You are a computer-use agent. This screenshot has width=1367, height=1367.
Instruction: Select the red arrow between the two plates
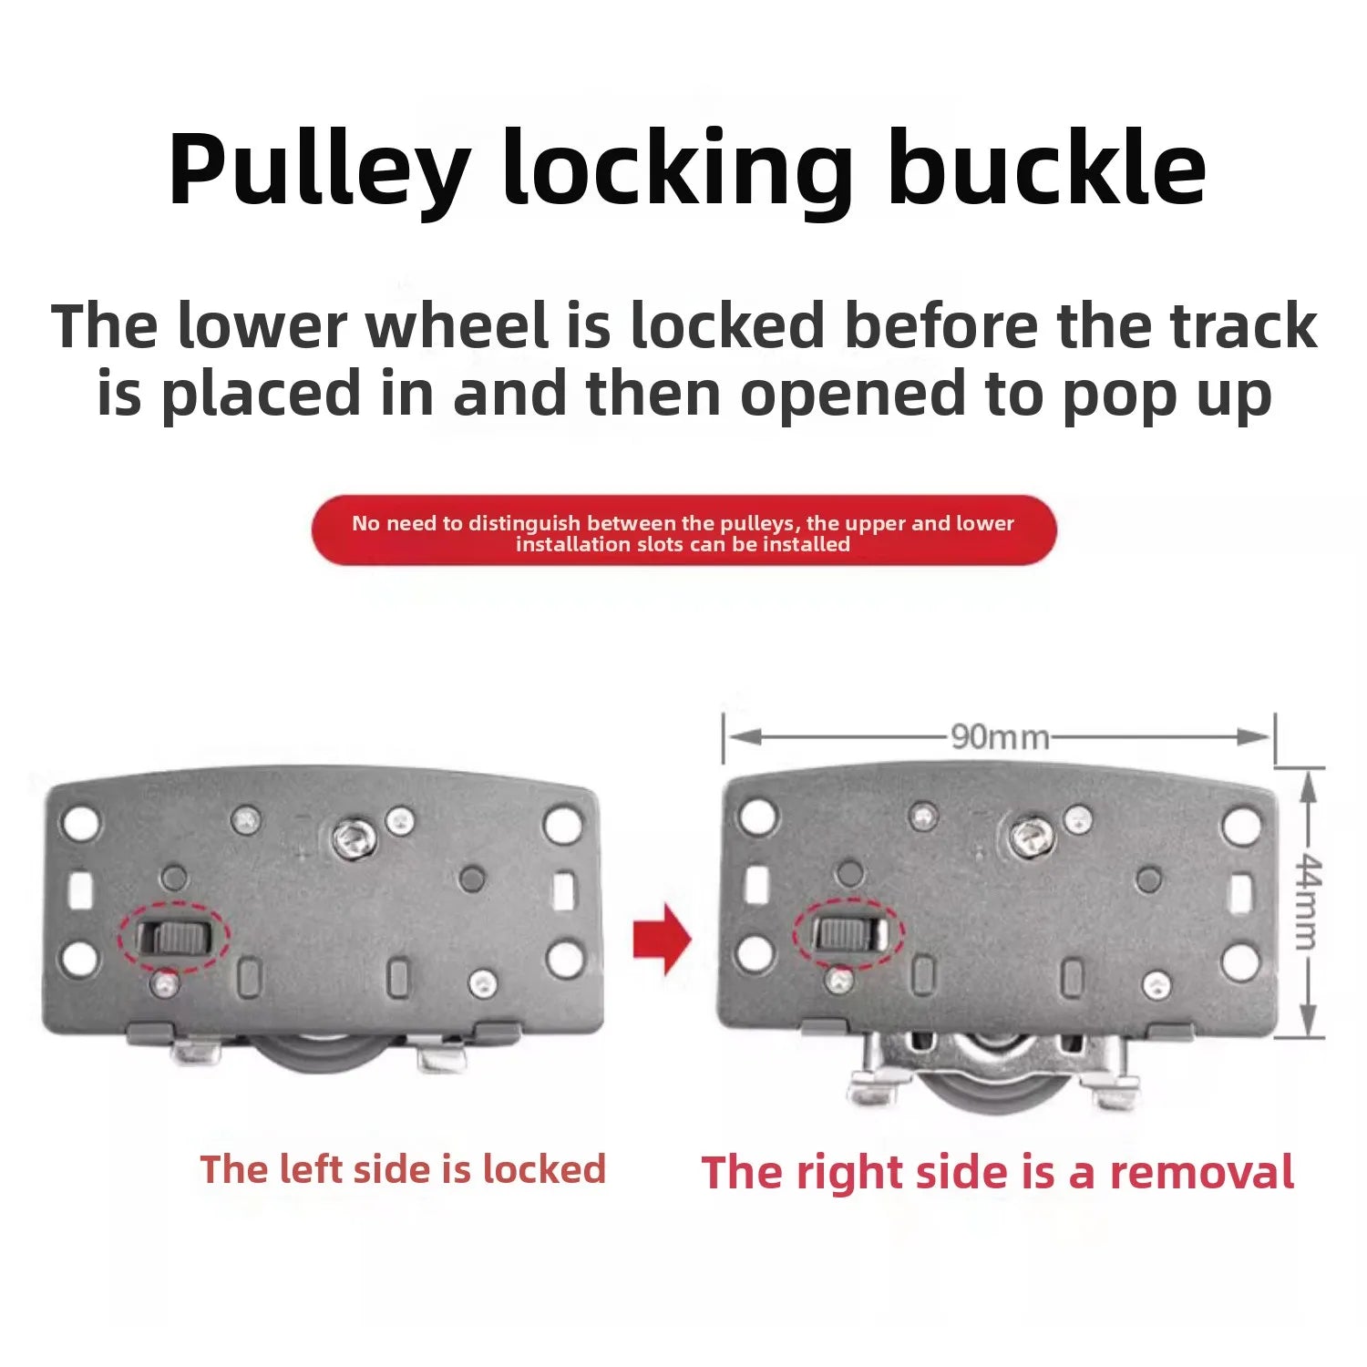tap(663, 939)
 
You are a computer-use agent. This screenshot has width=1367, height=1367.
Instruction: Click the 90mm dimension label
tap(1000, 736)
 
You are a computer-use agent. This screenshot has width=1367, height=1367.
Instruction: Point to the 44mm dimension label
tap(1310, 901)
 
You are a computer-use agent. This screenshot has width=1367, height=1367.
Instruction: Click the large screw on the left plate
tap(354, 838)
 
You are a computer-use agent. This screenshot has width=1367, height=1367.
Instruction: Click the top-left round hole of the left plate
tap(80, 824)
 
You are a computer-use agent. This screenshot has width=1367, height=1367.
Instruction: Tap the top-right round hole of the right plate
tap(1241, 826)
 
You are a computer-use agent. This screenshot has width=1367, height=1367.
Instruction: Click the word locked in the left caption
tap(544, 1168)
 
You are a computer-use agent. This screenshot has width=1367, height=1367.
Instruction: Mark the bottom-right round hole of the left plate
tap(565, 958)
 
